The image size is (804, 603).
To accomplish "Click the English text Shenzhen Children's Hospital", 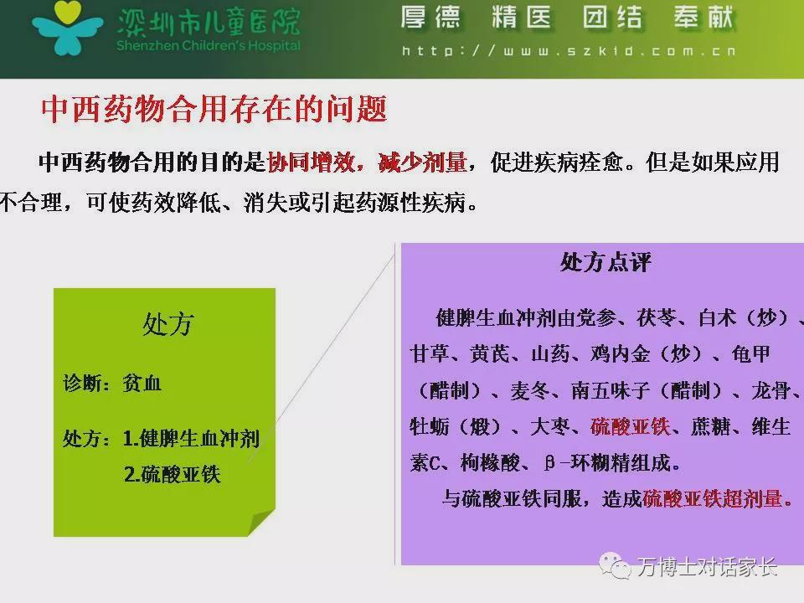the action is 209,45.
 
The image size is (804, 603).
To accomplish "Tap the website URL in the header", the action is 569,51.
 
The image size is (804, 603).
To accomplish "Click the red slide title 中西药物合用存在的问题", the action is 214,109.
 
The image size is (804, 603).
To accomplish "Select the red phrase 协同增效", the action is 311,162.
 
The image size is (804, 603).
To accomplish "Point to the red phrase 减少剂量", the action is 422,162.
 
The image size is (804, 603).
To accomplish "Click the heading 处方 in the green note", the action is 168,324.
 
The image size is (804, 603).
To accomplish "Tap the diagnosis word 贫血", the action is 142,383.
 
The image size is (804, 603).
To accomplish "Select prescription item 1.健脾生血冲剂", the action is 191,438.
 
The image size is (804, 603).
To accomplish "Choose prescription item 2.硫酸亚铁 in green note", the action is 173,474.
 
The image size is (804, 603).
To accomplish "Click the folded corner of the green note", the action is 261,523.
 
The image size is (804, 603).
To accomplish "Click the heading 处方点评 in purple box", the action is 606,262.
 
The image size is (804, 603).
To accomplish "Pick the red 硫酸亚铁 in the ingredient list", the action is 630,426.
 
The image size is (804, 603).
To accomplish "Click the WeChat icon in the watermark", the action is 614,565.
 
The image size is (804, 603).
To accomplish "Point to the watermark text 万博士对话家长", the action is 708,567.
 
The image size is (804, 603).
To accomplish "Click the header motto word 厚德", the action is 430,17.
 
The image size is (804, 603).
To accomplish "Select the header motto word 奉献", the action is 704,17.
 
